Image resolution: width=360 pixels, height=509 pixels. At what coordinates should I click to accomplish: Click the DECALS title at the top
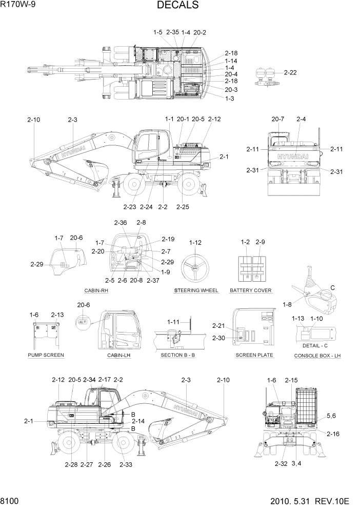178,6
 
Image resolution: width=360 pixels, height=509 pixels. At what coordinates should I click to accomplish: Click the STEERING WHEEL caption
196,290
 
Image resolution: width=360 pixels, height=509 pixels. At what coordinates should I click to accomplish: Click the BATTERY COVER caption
251,290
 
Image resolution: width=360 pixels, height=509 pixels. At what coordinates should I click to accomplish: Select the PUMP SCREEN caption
46,355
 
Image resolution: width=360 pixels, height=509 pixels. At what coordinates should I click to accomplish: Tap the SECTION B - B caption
178,355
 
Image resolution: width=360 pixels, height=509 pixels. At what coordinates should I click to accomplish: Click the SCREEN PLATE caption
254,355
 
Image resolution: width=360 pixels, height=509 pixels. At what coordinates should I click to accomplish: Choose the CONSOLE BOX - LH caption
318,356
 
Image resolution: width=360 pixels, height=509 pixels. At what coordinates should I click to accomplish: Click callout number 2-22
290,72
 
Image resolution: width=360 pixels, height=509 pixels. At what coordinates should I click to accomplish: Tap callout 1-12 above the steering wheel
195,242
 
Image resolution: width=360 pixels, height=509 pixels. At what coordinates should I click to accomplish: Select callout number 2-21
219,326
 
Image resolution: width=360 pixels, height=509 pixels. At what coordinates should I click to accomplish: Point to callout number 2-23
130,207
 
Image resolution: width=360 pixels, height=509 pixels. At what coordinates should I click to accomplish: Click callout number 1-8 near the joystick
287,304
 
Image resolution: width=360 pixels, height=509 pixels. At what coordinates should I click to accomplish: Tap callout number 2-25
183,207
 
